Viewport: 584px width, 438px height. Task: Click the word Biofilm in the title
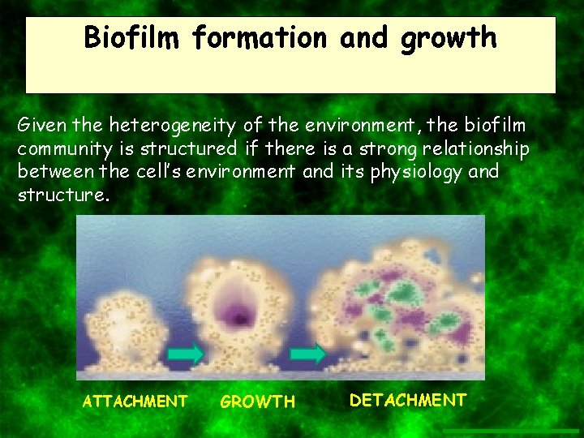tap(133, 37)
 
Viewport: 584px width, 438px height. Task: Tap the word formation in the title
tap(261, 37)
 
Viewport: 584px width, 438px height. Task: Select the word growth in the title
tap(448, 37)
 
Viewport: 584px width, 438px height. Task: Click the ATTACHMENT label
tap(135, 401)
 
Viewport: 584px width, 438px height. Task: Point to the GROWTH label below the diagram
tap(258, 401)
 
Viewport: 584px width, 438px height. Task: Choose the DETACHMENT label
tap(408, 399)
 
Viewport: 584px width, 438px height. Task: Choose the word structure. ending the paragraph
tap(62, 195)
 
